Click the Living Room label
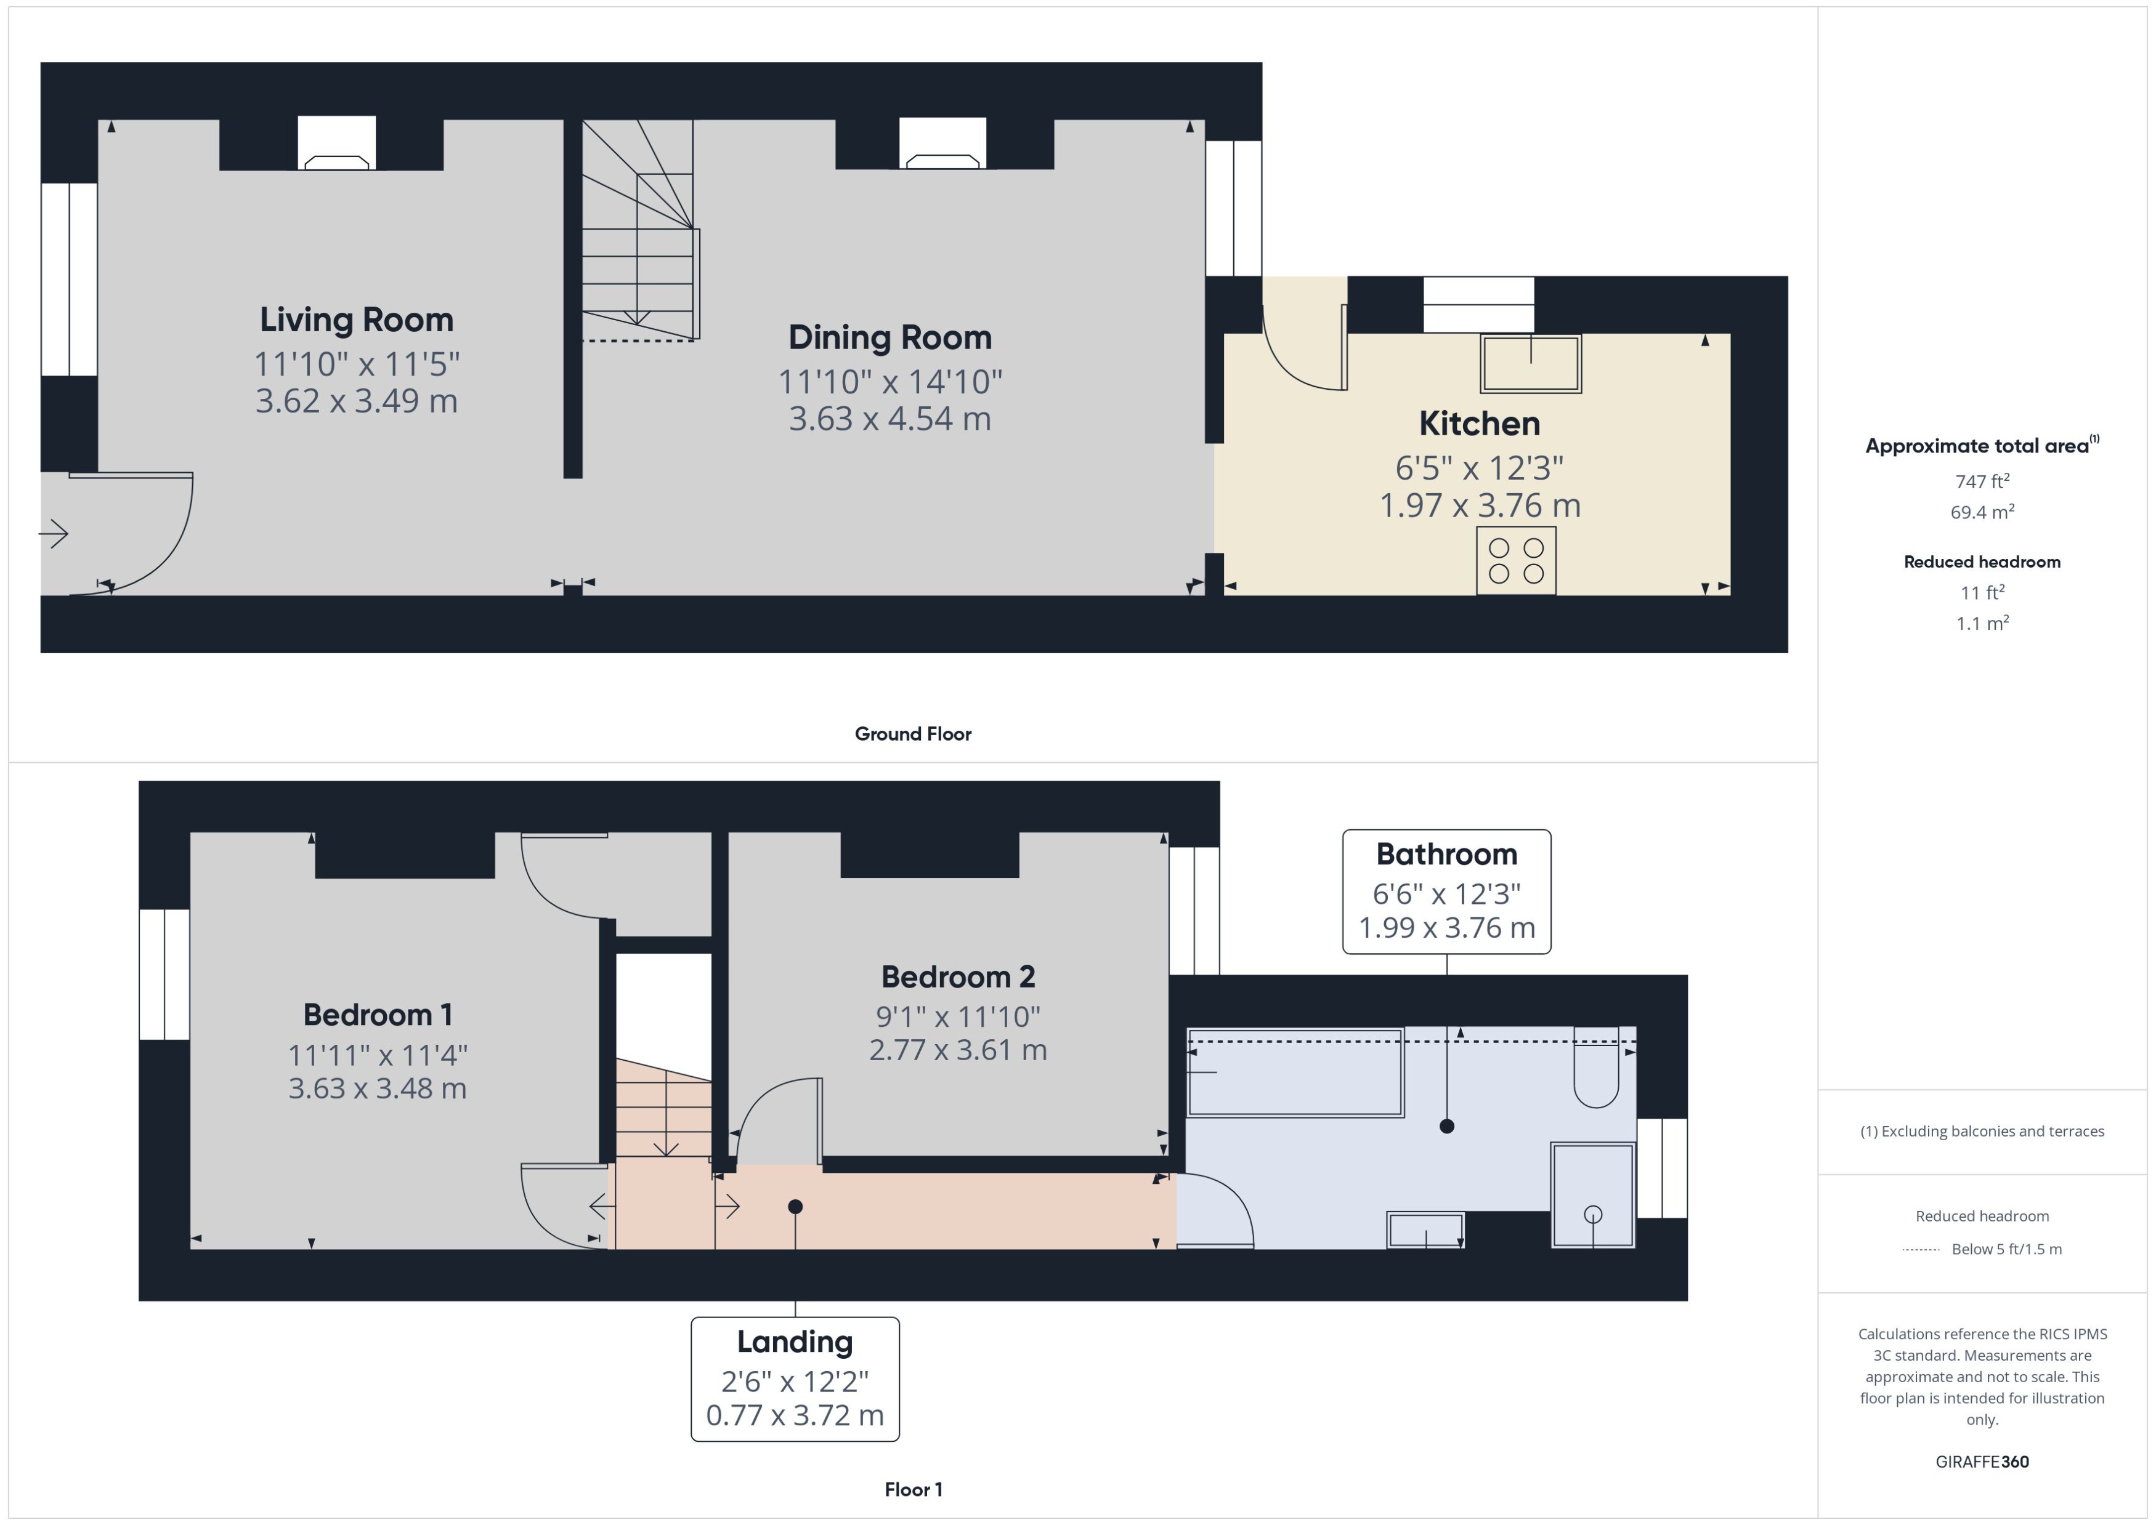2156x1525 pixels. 356,320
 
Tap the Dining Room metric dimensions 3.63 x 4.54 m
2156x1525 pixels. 889,418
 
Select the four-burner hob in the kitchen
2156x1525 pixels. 1515,561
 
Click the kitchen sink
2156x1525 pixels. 1530,363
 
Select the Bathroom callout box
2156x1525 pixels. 1446,891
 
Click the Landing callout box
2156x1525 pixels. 795,1378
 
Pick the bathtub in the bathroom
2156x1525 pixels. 1295,1072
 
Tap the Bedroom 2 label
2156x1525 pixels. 957,976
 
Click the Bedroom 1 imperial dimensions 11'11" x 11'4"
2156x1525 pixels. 377,1055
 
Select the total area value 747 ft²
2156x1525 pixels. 1981,481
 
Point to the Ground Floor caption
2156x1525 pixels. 912,733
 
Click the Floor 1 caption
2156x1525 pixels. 912,1489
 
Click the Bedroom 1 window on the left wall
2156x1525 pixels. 164,974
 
